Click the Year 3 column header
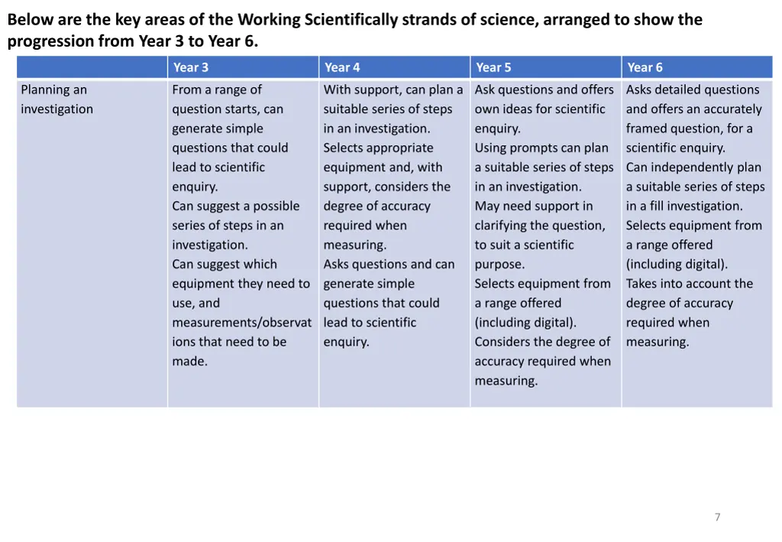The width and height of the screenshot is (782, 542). click(190, 67)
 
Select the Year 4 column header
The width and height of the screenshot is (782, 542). click(342, 67)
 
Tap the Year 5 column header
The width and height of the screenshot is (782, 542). click(493, 67)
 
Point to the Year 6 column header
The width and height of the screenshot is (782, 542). click(645, 67)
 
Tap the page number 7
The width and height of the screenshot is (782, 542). click(717, 518)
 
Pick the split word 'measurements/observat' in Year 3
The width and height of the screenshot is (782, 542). click(241, 323)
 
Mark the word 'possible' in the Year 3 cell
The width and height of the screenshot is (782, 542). click(274, 206)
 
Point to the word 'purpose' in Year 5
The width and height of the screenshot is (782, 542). click(499, 265)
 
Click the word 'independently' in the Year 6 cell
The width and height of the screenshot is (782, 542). click(691, 167)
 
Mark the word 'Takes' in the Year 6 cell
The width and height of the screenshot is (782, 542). click(643, 284)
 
